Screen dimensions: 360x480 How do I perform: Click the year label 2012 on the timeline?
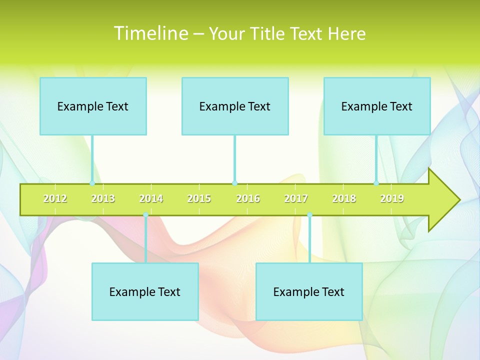[55, 198]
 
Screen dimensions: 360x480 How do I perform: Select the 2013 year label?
[103, 198]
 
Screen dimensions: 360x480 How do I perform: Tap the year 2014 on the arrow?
[151, 198]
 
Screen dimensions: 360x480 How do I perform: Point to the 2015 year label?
[199, 198]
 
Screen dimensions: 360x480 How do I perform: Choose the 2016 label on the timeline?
[248, 198]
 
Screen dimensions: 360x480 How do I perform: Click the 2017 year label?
[296, 198]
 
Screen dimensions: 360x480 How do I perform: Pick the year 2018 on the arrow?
[344, 198]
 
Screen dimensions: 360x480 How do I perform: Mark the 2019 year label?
[392, 198]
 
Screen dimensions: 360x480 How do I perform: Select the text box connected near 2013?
[93, 106]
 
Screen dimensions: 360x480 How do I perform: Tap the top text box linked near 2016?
[235, 106]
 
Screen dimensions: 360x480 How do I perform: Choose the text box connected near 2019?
[377, 106]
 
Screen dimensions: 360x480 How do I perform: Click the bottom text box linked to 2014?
[145, 291]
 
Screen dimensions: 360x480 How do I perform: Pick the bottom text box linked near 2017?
[309, 291]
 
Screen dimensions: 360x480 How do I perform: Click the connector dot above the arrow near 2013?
[92, 183]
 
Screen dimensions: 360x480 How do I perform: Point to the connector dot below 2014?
[145, 215]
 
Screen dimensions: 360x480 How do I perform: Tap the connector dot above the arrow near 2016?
[234, 183]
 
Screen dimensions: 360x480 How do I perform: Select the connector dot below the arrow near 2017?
[309, 215]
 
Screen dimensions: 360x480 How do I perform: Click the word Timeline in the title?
[150, 33]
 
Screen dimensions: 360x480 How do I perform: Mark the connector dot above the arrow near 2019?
[376, 183]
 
